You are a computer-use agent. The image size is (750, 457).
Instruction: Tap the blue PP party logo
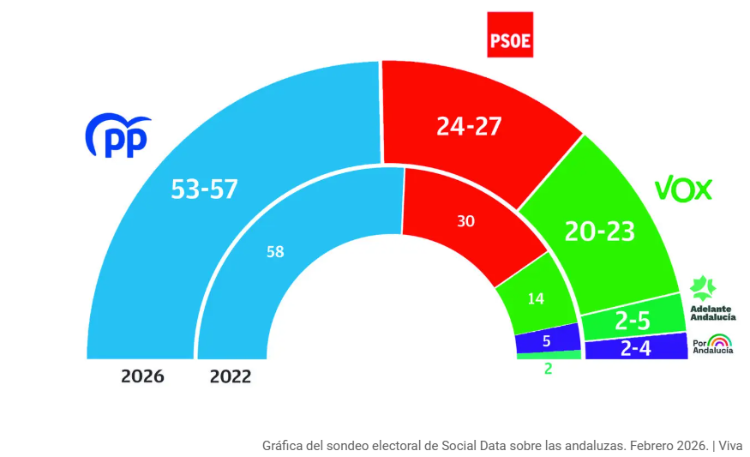tap(117, 135)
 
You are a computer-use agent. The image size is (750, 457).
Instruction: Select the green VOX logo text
tap(683, 189)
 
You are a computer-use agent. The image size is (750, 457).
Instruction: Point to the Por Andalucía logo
tap(712, 346)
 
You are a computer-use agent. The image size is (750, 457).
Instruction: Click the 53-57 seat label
tap(204, 189)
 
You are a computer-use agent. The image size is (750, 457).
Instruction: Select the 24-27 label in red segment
tap(468, 126)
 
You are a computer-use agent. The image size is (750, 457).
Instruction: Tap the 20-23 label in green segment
tap(601, 230)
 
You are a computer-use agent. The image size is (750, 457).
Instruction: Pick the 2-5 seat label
tap(632, 322)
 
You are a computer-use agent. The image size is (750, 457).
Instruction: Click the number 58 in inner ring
tap(275, 251)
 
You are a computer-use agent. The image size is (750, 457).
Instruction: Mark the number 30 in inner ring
tap(465, 221)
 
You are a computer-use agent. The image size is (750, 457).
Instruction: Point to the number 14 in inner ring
tap(536, 298)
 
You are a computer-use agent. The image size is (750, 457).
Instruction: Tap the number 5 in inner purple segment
tap(547, 340)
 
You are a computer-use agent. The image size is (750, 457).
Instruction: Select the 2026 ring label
tap(142, 376)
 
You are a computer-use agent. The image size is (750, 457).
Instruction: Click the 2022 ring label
tap(231, 376)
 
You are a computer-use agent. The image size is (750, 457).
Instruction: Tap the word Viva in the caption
tap(730, 445)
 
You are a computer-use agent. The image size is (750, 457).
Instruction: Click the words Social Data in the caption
tap(474, 445)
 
